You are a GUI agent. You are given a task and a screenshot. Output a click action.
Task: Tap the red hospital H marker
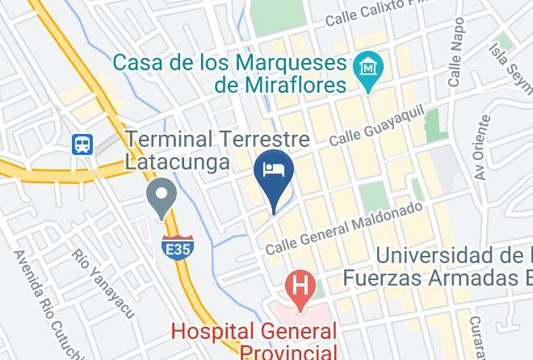click(300, 287)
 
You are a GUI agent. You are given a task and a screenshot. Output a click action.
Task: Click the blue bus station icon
click(83, 144)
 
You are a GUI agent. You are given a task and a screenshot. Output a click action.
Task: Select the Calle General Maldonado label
click(344, 225)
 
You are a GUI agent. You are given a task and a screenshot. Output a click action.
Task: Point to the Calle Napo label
click(458, 61)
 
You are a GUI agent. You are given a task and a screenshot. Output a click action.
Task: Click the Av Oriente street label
click(483, 148)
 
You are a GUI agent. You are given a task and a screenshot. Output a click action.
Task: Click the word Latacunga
click(176, 161)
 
